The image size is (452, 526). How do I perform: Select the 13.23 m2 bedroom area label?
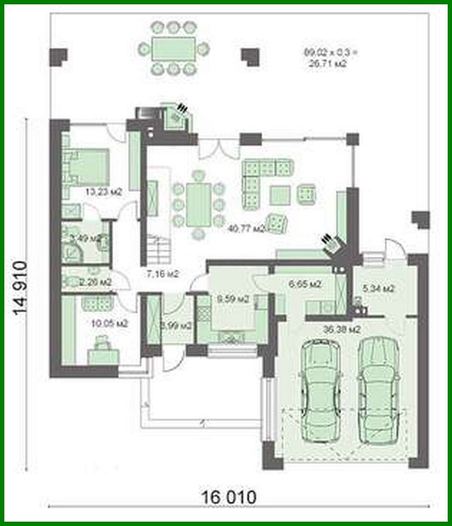pyautogui.click(x=103, y=192)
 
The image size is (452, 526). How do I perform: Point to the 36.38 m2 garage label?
pyautogui.click(x=342, y=329)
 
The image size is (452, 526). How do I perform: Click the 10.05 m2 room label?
pyautogui.click(x=109, y=323)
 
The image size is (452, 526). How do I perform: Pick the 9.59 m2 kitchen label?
pyautogui.click(x=233, y=299)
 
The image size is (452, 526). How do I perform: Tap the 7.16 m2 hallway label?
pyautogui.click(x=162, y=274)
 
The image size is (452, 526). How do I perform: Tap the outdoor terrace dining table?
pyautogui.click(x=174, y=49)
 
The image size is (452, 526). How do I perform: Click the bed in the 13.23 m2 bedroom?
pyautogui.click(x=86, y=165)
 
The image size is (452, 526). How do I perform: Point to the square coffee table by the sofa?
pyautogui.click(x=279, y=195)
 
